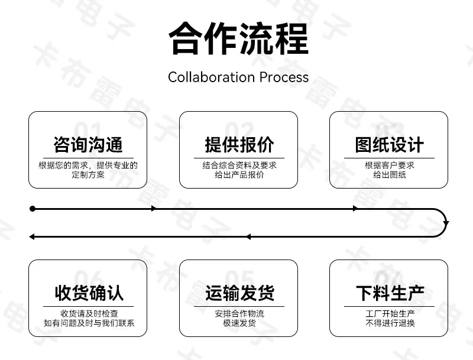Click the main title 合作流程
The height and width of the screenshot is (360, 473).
pyautogui.click(x=239, y=38)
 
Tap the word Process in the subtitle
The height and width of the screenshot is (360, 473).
pyautogui.click(x=284, y=77)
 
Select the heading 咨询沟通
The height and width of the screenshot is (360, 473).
pyautogui.click(x=88, y=144)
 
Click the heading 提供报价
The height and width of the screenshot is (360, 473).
pyautogui.click(x=239, y=144)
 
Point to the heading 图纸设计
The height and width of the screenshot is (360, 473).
pyautogui.click(x=389, y=144)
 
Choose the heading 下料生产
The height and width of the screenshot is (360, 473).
pyautogui.click(x=390, y=293)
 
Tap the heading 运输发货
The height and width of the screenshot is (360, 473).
pyautogui.click(x=239, y=293)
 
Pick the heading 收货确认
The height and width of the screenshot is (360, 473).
pyautogui.click(x=89, y=293)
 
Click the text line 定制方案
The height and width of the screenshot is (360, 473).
pyautogui.click(x=88, y=174)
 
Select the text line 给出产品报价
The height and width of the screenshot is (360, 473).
pyautogui.click(x=239, y=174)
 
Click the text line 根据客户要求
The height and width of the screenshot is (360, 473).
pyautogui.click(x=390, y=166)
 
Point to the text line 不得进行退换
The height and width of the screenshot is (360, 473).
pyautogui.click(x=390, y=323)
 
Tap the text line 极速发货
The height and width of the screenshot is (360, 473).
pyautogui.click(x=239, y=323)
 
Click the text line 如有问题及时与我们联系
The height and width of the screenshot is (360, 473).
pyautogui.click(x=89, y=323)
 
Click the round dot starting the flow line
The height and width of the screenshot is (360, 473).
pyautogui.click(x=33, y=209)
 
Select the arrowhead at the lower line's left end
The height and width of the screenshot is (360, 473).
pyautogui.click(x=32, y=237)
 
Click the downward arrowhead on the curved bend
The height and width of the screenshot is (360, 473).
pyautogui.click(x=446, y=223)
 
